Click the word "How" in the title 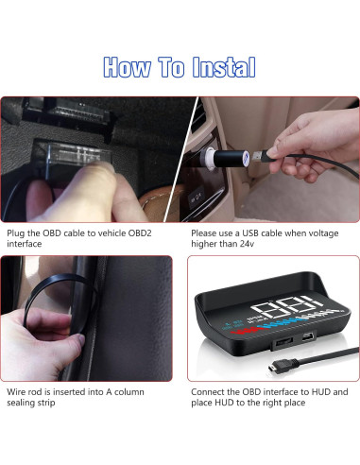click(x=127, y=67)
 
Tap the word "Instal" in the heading click(x=224, y=67)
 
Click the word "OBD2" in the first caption click(x=140, y=233)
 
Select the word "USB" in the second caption click(x=250, y=233)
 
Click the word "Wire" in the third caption click(x=16, y=392)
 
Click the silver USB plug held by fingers click(x=260, y=156)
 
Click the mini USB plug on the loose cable click(x=275, y=368)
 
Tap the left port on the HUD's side click(x=283, y=341)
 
